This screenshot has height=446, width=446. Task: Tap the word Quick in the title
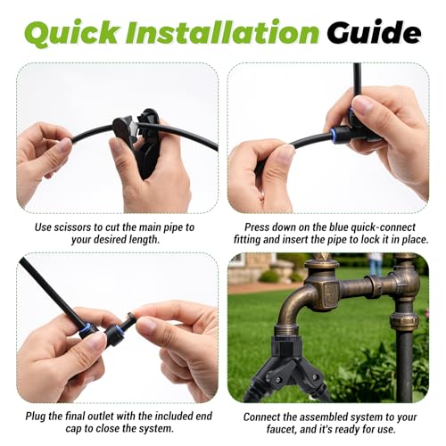pyautogui.click(x=73, y=33)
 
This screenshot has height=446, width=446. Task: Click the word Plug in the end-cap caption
pyautogui.click(x=36, y=416)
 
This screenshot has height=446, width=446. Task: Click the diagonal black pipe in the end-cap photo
pyautogui.click(x=51, y=292)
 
